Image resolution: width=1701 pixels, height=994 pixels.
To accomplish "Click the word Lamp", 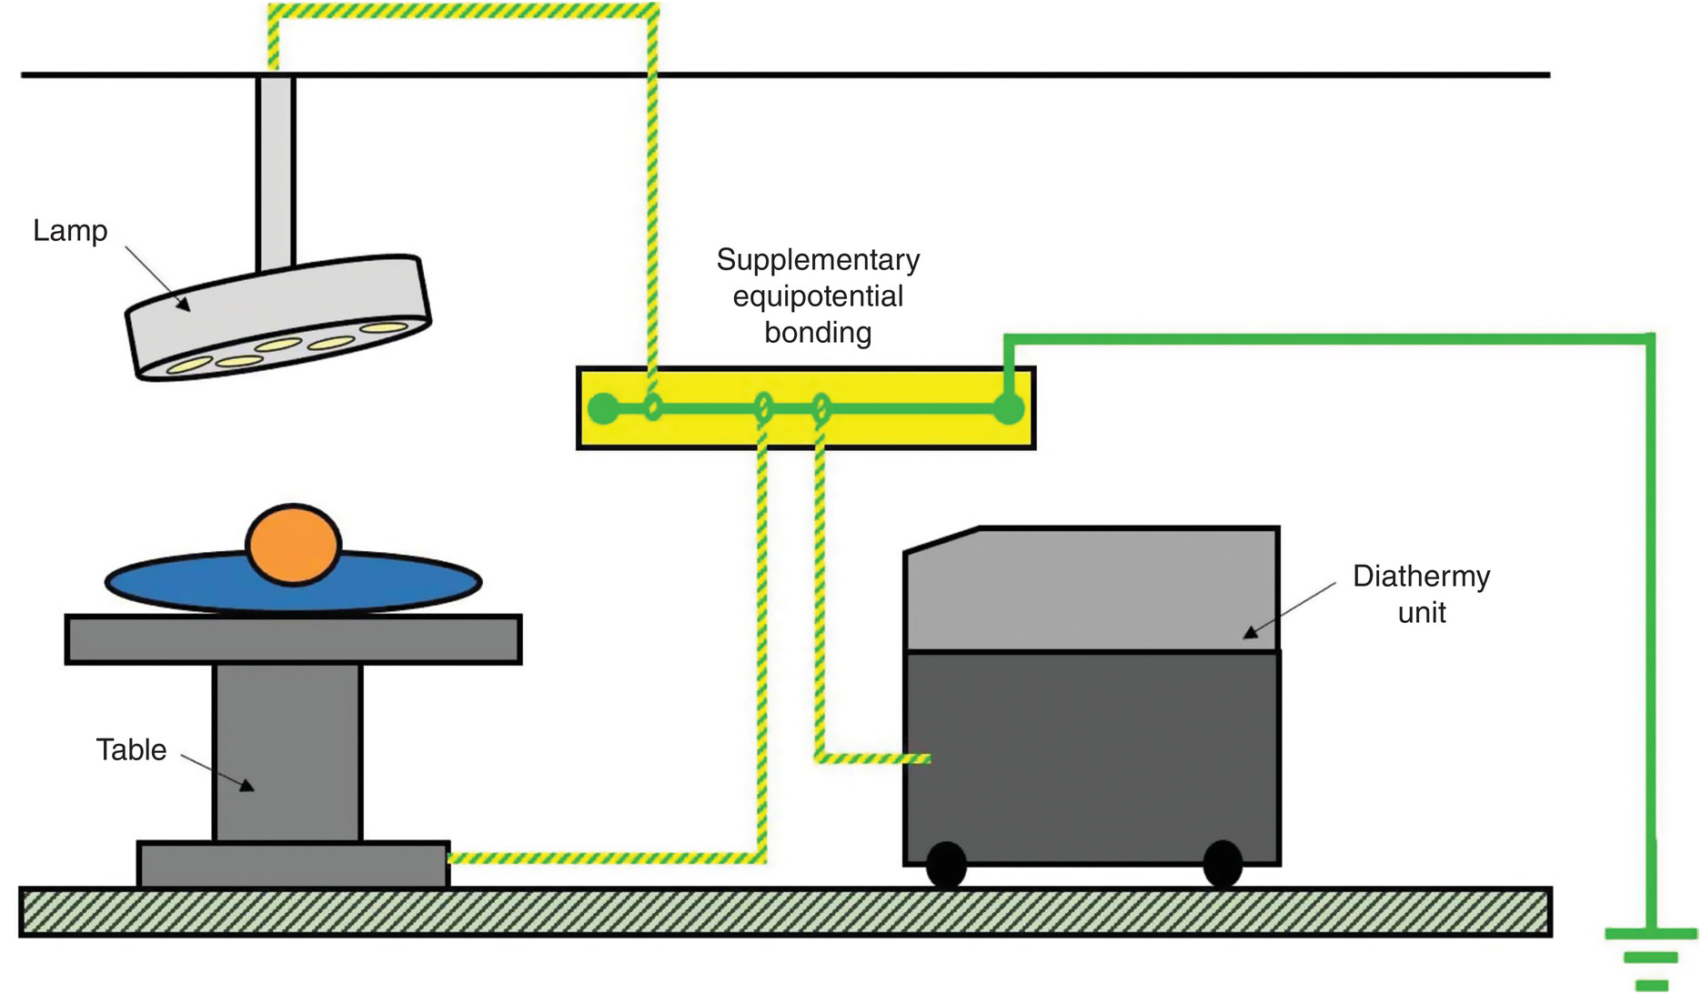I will (70, 231).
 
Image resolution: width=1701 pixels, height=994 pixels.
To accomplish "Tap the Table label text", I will (131, 749).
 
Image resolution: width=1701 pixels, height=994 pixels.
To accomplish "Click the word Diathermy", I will (1421, 577).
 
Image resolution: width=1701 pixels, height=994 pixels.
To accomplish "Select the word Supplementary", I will (818, 260).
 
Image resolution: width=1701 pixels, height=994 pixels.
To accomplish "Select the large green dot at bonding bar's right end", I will (1008, 408).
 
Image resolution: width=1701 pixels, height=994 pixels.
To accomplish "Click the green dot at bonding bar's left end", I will (602, 408).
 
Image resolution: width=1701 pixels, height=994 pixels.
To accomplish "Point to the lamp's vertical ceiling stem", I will (275, 173).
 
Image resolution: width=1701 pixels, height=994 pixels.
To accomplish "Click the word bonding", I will (818, 333).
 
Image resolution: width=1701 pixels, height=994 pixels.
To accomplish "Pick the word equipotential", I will (818, 296).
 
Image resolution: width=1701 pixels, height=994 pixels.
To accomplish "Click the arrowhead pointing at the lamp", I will (183, 305).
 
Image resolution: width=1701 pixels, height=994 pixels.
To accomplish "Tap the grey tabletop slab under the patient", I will (293, 639).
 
